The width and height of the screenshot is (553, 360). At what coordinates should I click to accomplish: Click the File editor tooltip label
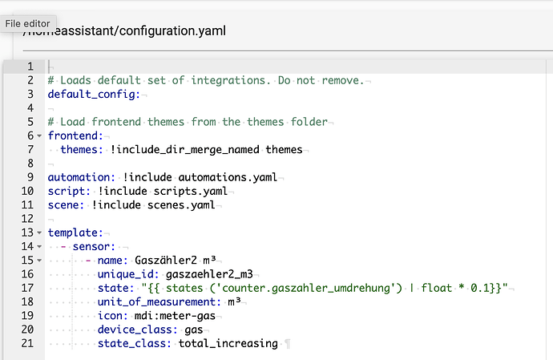pos(27,23)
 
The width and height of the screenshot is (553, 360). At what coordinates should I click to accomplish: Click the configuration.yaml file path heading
pos(124,30)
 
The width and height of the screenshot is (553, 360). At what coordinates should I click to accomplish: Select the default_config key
pos(94,95)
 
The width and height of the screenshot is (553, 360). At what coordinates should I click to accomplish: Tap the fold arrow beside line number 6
pos(39,136)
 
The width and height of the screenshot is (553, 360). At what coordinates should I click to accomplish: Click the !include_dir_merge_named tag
pos(185,150)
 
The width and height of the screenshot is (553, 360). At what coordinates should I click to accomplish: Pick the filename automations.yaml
pos(228,177)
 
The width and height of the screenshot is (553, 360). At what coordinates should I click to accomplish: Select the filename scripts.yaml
pos(191,192)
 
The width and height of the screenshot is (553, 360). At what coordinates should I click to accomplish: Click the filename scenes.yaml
pos(181,205)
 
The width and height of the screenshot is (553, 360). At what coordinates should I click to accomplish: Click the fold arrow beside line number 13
pos(39,233)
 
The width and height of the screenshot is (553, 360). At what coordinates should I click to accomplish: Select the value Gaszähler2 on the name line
pos(166,261)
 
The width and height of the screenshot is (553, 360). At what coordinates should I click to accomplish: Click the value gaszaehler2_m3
pos(209,274)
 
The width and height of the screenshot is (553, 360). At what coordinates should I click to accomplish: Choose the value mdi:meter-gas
pos(175,316)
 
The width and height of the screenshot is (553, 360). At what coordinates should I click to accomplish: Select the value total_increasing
pos(228,343)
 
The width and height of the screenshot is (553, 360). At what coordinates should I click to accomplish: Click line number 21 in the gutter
pos(27,343)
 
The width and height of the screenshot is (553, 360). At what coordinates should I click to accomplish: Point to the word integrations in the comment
pos(228,80)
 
